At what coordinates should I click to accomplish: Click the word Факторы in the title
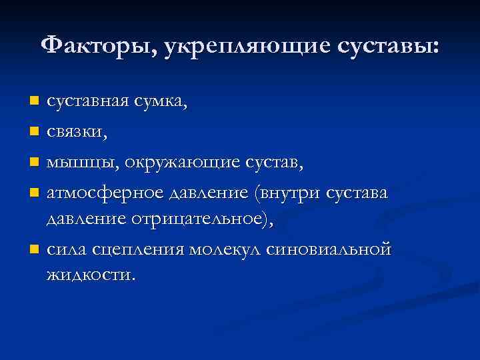click(97, 46)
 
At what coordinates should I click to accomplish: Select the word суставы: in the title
click(390, 46)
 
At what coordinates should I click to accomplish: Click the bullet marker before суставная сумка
click(35, 101)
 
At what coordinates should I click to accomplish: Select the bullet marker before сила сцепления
click(35, 250)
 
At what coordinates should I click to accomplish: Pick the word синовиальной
click(327, 249)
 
